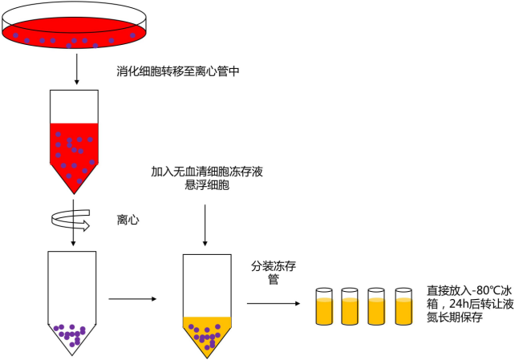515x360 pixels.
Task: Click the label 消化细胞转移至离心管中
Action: (178, 72)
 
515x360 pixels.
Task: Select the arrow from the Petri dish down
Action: (76, 71)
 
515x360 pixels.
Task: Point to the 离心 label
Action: (128, 219)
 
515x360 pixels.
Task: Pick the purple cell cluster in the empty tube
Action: (71, 334)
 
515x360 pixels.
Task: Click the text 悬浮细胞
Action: (207, 186)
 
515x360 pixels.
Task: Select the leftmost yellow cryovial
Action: (324, 306)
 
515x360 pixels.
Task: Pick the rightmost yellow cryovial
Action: (403, 306)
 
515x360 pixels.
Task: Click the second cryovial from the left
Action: (351, 306)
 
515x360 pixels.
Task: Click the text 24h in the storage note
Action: (458, 305)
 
